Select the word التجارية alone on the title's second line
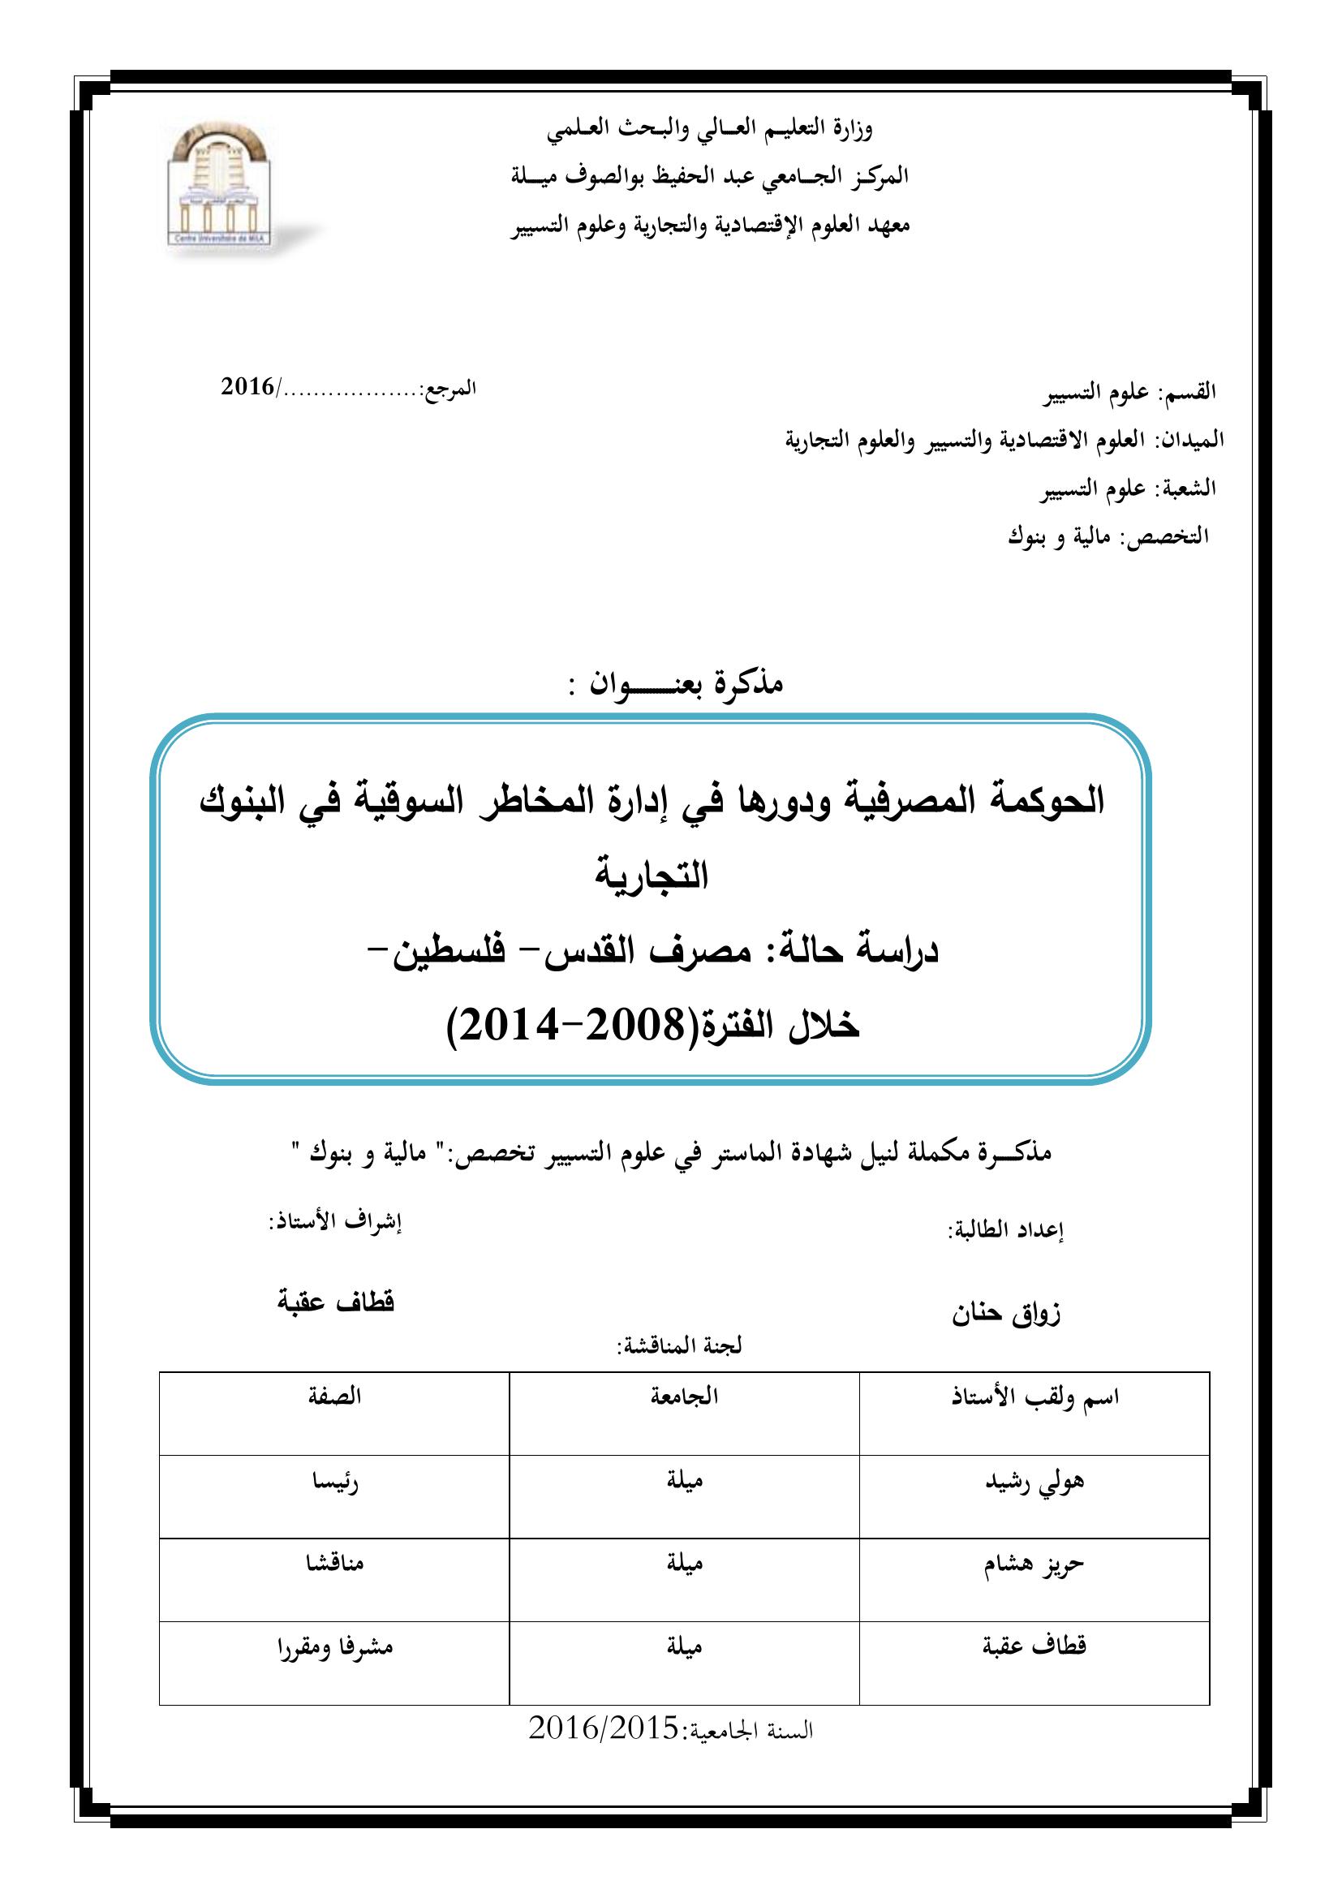click(652, 876)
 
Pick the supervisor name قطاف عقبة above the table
click(336, 1302)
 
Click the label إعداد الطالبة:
click(1004, 1230)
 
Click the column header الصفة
click(334, 1397)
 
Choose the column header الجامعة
click(684, 1397)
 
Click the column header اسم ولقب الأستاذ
click(1034, 1398)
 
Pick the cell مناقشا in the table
click(334, 1563)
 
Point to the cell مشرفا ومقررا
click(334, 1647)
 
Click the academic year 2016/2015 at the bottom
click(603, 1727)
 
